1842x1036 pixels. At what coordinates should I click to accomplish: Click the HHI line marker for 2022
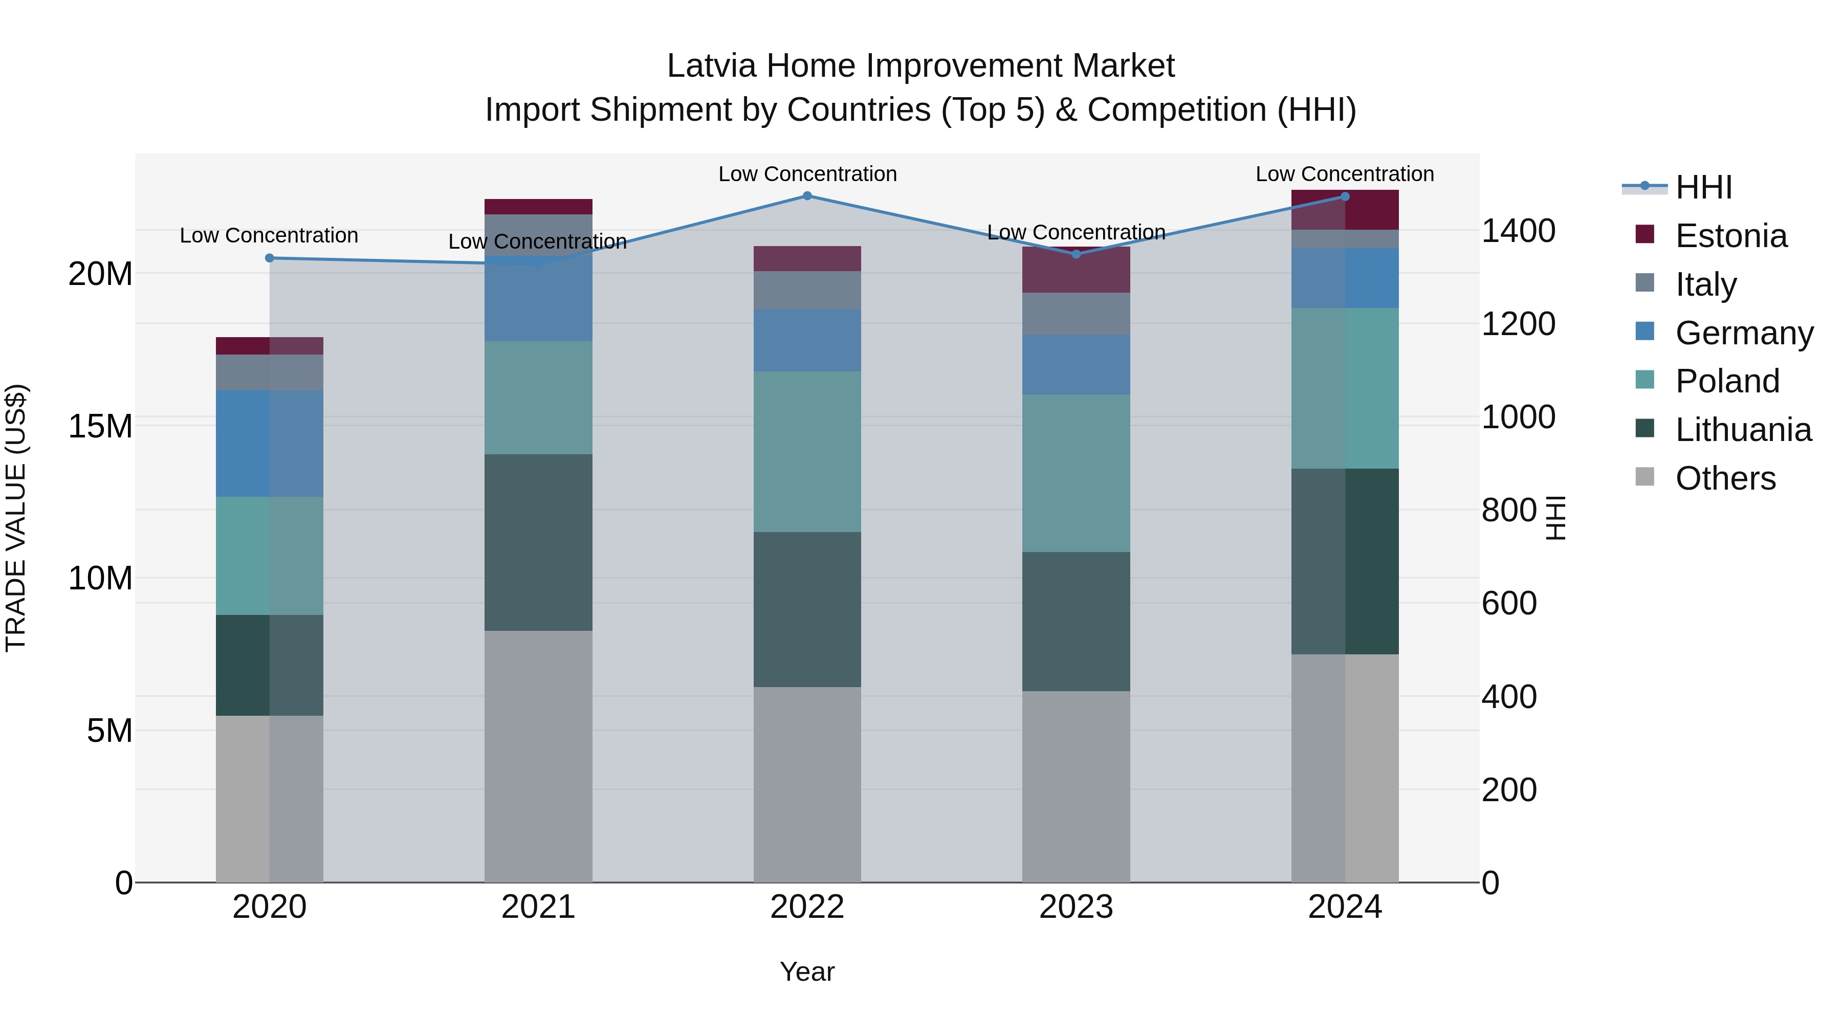(807, 196)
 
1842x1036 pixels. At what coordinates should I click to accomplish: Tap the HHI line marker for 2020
(270, 258)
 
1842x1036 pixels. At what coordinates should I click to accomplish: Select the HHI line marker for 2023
(1076, 254)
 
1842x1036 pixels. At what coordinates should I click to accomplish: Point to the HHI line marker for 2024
(1345, 196)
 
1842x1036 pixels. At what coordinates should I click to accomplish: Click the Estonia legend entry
(1730, 236)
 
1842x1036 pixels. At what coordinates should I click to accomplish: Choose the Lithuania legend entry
(1743, 430)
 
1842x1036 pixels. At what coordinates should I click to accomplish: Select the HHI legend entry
(1703, 187)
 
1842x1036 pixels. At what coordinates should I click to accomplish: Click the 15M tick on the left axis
(100, 426)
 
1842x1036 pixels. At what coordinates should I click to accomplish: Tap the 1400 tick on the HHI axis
(1518, 231)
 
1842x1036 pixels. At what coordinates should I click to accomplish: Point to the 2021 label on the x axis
(538, 907)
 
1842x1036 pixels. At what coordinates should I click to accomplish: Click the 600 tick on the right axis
(1509, 604)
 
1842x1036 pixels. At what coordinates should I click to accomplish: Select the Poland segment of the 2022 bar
(807, 451)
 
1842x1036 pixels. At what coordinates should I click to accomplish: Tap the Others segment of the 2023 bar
(1076, 786)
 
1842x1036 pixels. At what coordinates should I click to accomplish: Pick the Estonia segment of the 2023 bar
(1076, 270)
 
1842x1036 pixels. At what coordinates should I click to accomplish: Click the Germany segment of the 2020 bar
(270, 443)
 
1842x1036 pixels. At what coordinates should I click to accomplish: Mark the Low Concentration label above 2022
(807, 174)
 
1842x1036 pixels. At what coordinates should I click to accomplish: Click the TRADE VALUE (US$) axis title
(16, 518)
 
